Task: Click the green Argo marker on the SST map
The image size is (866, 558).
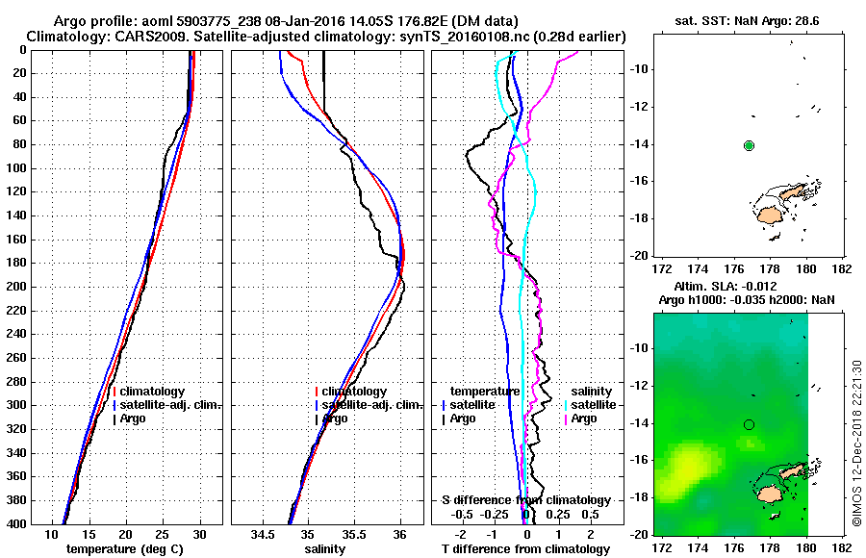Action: pos(749,145)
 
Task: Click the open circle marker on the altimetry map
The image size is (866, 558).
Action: pos(749,424)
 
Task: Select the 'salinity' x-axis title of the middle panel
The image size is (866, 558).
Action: pos(323,549)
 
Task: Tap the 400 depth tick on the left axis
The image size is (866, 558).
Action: pos(45,524)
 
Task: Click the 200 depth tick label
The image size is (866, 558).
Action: pos(45,287)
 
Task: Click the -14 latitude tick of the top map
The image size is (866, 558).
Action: pos(641,145)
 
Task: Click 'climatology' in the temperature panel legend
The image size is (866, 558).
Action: pos(152,392)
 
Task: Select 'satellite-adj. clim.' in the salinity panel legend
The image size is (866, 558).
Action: pos(369,405)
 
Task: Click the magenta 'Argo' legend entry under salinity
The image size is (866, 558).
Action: pos(584,418)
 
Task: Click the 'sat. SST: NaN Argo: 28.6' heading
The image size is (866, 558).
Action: pos(737,20)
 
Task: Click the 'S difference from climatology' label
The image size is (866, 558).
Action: pos(526,500)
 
